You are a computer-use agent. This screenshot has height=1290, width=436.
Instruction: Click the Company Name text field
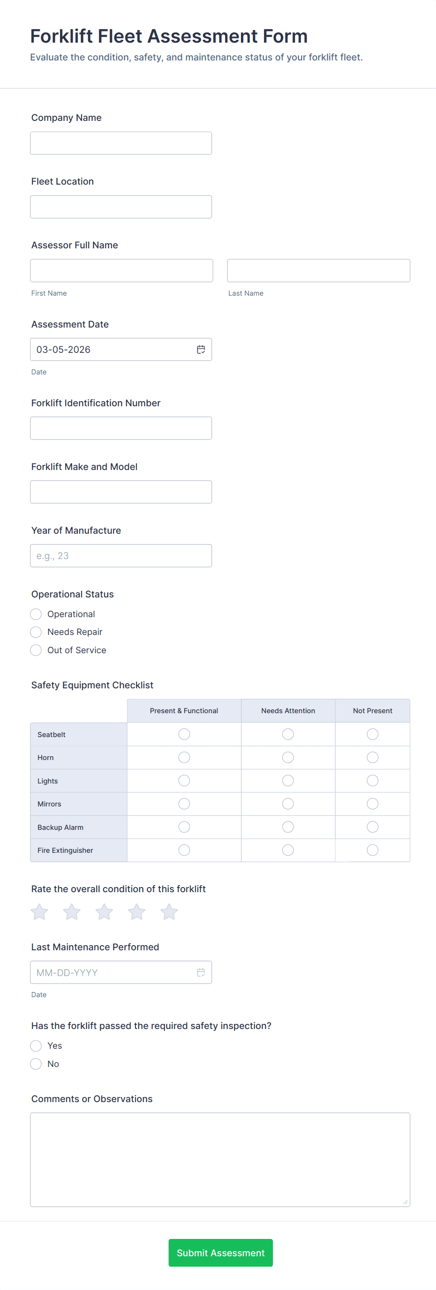tap(121, 143)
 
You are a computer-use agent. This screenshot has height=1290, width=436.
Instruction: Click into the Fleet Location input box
tap(121, 207)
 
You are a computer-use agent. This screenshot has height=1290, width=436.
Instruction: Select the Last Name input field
tap(318, 270)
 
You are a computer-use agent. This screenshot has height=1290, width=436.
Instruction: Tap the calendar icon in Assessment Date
tap(201, 350)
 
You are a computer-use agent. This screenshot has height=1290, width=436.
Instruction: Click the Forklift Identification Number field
tap(121, 428)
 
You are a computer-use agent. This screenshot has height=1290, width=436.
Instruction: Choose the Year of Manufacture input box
tap(121, 556)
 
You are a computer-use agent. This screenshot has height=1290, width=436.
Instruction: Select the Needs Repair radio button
tap(36, 632)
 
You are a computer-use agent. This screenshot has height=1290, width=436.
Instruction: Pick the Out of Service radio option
tap(36, 650)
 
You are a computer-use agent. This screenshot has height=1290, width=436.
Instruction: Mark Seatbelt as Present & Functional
tap(184, 734)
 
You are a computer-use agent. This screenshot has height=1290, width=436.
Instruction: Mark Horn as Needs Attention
tap(288, 757)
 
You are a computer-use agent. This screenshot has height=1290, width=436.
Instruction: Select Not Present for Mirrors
tap(372, 804)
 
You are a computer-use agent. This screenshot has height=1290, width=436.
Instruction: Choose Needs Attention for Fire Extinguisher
tap(288, 850)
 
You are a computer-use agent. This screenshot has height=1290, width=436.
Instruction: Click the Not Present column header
tap(372, 711)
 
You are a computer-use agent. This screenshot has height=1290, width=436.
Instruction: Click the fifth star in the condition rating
tap(169, 912)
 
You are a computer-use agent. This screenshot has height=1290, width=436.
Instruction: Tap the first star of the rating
tap(39, 912)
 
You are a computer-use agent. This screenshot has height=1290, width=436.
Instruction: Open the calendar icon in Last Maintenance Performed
tap(201, 972)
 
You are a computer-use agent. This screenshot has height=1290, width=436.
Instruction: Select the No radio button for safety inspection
tap(36, 1064)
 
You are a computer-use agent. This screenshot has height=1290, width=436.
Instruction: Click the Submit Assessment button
tap(220, 1253)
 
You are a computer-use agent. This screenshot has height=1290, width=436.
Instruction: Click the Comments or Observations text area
tap(220, 1159)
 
